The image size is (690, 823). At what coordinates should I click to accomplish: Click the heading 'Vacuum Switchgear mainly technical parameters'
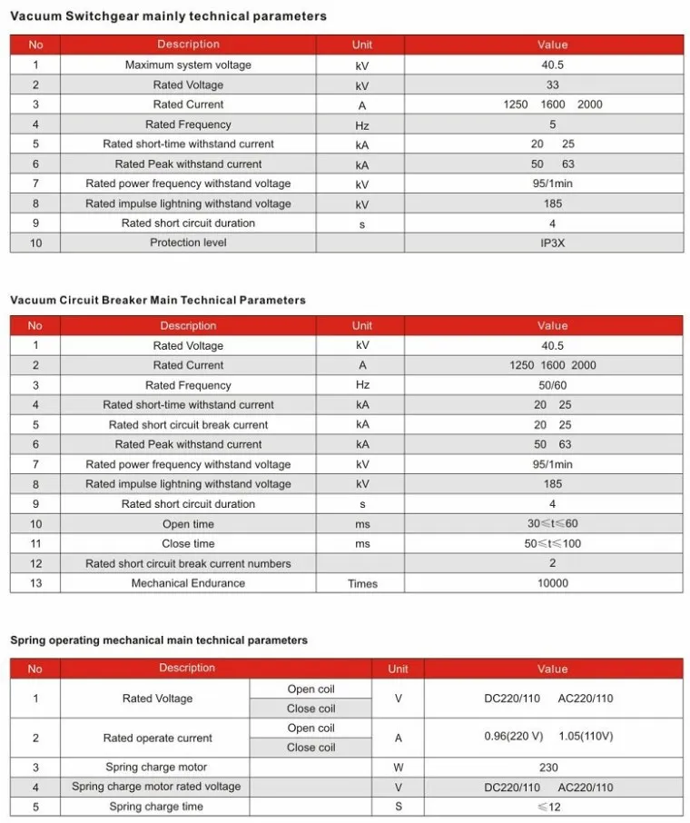coord(168,16)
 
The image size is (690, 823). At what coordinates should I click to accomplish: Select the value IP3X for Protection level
coord(552,243)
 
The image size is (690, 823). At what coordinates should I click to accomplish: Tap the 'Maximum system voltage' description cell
coord(188,64)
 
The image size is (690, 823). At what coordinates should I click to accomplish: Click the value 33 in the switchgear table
coord(552,84)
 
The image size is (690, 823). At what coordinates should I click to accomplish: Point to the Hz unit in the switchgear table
coord(362,124)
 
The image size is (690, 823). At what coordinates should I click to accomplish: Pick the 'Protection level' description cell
coord(188,243)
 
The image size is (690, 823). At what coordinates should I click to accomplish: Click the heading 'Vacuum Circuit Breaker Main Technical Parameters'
coord(158,300)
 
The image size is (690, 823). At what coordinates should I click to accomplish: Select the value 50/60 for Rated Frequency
coord(552,385)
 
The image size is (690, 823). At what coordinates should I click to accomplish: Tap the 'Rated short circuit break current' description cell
coord(188,425)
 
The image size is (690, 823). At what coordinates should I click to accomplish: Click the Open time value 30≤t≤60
coord(552,524)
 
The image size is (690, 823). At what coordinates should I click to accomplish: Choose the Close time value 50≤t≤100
coord(552,544)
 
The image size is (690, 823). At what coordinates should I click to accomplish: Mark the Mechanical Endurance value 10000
coord(552,583)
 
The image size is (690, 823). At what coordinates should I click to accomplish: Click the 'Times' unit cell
coord(362,583)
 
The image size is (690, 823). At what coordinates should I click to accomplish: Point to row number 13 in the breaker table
coord(35,583)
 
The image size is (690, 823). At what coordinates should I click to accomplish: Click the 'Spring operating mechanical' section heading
coord(159,640)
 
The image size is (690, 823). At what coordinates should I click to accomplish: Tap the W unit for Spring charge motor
coord(398,768)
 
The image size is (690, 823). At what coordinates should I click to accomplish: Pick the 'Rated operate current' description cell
coord(157,739)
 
